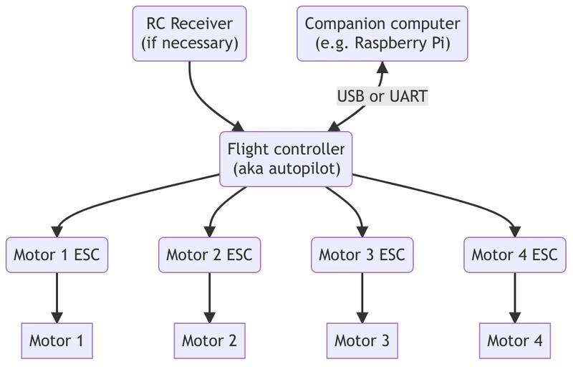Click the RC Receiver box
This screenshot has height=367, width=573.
tap(190, 33)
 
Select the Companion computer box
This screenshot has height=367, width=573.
tap(382, 33)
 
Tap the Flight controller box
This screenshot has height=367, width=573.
tap(286, 159)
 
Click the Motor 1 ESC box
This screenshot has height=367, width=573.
tap(57, 254)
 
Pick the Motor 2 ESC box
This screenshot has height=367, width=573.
tap(209, 254)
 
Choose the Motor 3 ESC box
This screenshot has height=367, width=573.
tap(362, 254)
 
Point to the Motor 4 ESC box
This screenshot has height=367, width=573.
tap(514, 254)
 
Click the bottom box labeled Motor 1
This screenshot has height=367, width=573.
tap(57, 340)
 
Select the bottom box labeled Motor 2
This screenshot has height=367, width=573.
tap(209, 340)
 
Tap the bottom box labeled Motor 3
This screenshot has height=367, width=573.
tap(362, 340)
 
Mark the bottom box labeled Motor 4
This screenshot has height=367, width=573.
tap(514, 340)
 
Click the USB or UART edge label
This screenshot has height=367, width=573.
tap(382, 96)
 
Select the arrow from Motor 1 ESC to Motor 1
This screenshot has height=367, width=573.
tap(57, 294)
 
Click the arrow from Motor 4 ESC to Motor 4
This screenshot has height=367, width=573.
tap(514, 294)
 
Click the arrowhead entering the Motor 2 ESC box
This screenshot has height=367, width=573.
tap(209, 231)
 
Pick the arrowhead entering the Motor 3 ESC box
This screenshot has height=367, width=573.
tap(362, 231)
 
